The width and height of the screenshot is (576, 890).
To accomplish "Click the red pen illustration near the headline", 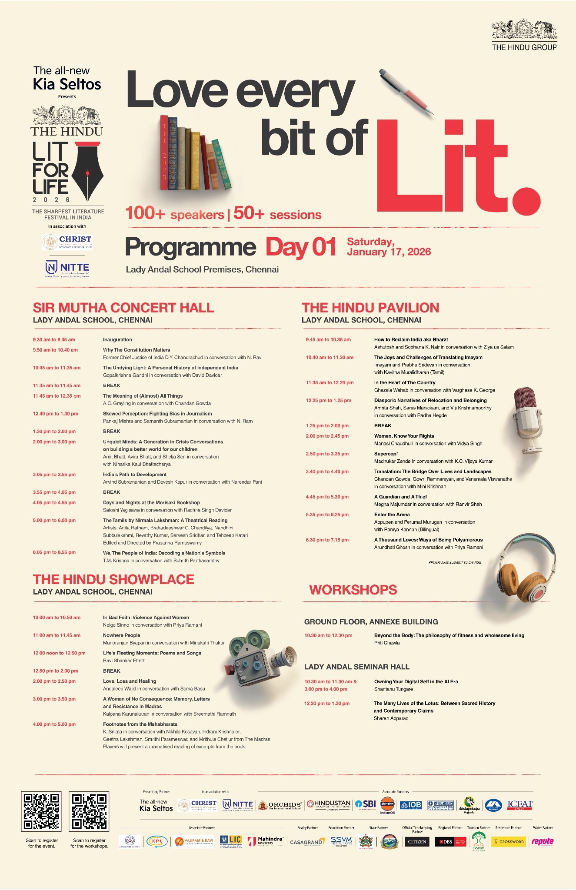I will point(406,92).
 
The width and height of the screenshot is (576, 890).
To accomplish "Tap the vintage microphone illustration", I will point(526,419).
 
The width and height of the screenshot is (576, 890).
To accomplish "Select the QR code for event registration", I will point(41,811).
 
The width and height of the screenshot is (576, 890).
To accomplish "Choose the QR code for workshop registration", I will point(89,811).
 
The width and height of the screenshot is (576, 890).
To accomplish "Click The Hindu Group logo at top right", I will point(524,36).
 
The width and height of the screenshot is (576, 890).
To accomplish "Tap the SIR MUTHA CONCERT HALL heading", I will point(123,308).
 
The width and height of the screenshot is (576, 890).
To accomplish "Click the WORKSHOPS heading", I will point(353,590).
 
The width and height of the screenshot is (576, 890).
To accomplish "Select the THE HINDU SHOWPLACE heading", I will point(113,579).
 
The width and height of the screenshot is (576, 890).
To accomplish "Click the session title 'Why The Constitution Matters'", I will point(137,350).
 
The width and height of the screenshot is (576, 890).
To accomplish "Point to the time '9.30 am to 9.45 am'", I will point(54,340).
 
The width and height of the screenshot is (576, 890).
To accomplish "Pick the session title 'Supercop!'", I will point(386,454).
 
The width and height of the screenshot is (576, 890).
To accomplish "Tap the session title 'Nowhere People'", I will point(121,635).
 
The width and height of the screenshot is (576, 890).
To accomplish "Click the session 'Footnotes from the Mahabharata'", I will point(140,724).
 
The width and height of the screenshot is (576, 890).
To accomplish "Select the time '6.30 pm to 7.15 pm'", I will point(327,540).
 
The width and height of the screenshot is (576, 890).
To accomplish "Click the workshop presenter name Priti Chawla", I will point(387,643).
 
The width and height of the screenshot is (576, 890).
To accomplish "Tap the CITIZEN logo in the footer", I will point(417,842).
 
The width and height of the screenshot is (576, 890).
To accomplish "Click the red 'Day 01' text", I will point(301,247).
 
